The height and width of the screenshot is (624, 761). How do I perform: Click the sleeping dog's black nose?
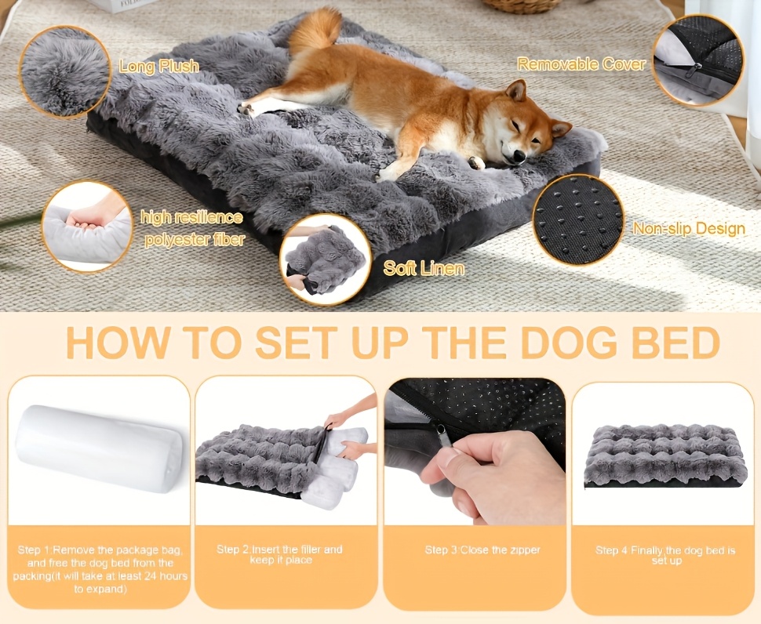click(519, 155)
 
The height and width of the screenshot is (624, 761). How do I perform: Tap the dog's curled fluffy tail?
click(315, 30)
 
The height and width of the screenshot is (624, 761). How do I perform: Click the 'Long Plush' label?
click(159, 66)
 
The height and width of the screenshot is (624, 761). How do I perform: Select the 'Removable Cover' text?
click(581, 63)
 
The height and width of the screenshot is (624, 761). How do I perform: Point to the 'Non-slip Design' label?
click(689, 228)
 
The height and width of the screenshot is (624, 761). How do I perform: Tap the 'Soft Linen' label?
click(424, 267)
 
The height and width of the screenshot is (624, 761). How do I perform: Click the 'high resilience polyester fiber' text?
click(192, 228)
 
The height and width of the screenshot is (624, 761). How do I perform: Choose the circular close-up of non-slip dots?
click(577, 220)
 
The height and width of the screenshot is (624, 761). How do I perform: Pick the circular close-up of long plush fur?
click(65, 72)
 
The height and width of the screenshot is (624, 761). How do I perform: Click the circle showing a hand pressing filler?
click(87, 227)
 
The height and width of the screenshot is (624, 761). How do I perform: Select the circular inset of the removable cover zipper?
click(698, 60)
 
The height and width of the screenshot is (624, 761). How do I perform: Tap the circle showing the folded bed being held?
click(326, 259)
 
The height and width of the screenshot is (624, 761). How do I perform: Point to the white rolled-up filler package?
click(99, 448)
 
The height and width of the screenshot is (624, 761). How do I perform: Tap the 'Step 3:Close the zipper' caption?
click(482, 550)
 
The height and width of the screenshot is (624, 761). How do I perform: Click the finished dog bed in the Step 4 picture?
click(665, 455)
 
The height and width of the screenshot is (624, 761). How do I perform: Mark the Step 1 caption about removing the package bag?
click(100, 569)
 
